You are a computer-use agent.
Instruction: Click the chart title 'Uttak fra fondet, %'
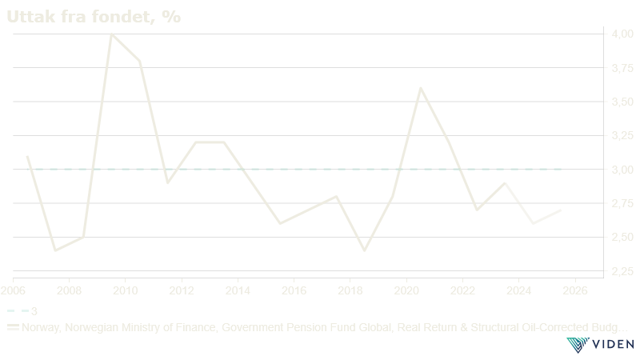point(94,17)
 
